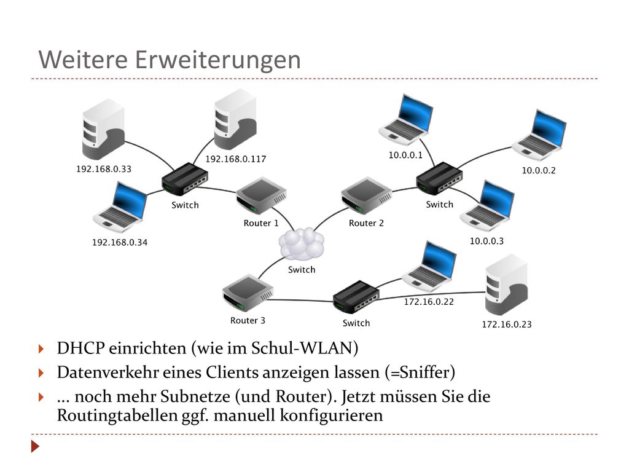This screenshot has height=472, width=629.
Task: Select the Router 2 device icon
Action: [x=366, y=196]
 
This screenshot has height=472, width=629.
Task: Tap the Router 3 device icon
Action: [x=248, y=293]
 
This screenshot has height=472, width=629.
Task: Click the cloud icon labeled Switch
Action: [x=301, y=244]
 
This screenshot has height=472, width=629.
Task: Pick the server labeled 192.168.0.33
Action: [x=103, y=130]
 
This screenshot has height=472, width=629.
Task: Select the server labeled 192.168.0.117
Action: [x=235, y=120]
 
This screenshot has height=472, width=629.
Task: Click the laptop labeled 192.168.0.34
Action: [x=120, y=207]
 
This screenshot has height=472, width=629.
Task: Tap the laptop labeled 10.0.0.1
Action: [x=406, y=120]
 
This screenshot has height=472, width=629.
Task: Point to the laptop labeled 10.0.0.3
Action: [x=487, y=206]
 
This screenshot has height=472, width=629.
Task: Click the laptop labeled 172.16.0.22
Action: [x=429, y=266]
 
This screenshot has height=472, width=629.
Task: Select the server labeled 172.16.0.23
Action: [x=506, y=285]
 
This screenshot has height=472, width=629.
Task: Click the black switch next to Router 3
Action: [x=356, y=297]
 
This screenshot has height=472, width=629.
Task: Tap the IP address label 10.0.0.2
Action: [x=539, y=171]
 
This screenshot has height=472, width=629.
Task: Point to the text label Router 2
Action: [x=366, y=223]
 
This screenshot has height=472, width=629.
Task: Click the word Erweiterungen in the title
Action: [x=218, y=60]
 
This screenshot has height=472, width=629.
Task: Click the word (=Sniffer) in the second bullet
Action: [x=420, y=372]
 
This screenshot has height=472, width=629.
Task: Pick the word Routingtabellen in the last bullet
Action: [x=117, y=415]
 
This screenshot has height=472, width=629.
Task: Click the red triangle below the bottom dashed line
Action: [x=35, y=446]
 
